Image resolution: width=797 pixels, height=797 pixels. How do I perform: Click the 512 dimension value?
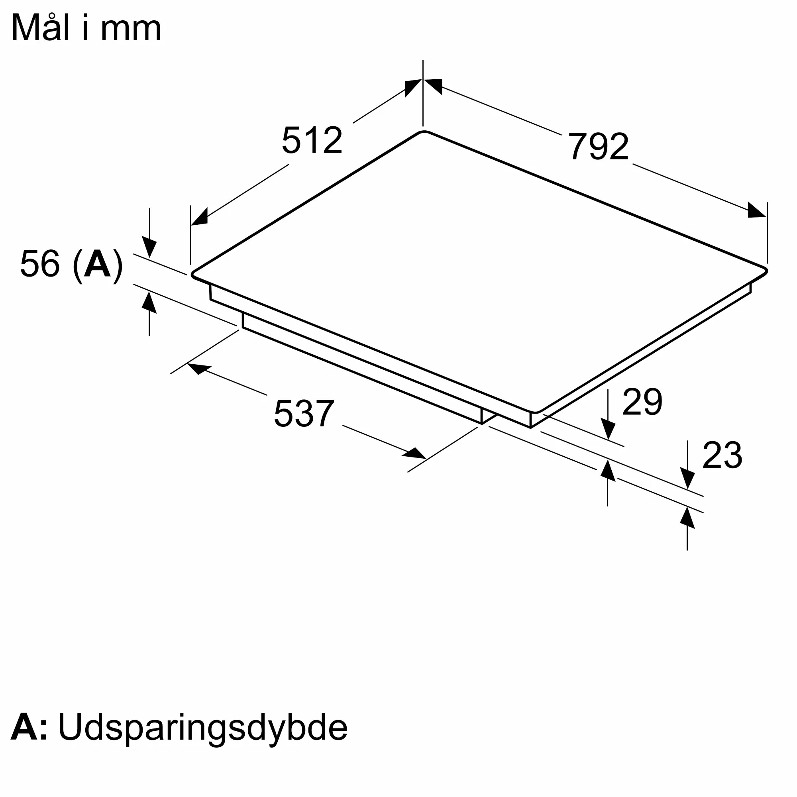(x=312, y=140)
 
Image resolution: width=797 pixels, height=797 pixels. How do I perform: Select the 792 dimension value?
(x=598, y=146)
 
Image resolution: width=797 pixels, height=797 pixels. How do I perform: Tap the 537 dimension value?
(x=304, y=413)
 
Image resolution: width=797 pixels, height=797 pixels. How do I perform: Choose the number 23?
(x=722, y=455)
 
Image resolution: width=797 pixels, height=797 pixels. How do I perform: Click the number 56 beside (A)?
(x=39, y=263)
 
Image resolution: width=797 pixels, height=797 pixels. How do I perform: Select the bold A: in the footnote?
(x=29, y=727)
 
